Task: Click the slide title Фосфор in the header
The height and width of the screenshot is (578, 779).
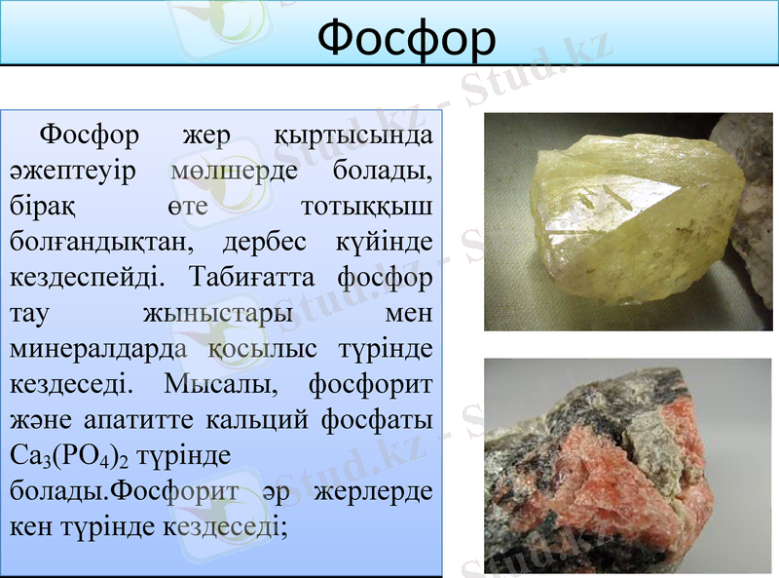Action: pos(407,36)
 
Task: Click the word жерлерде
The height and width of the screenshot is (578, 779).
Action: pos(375,490)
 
